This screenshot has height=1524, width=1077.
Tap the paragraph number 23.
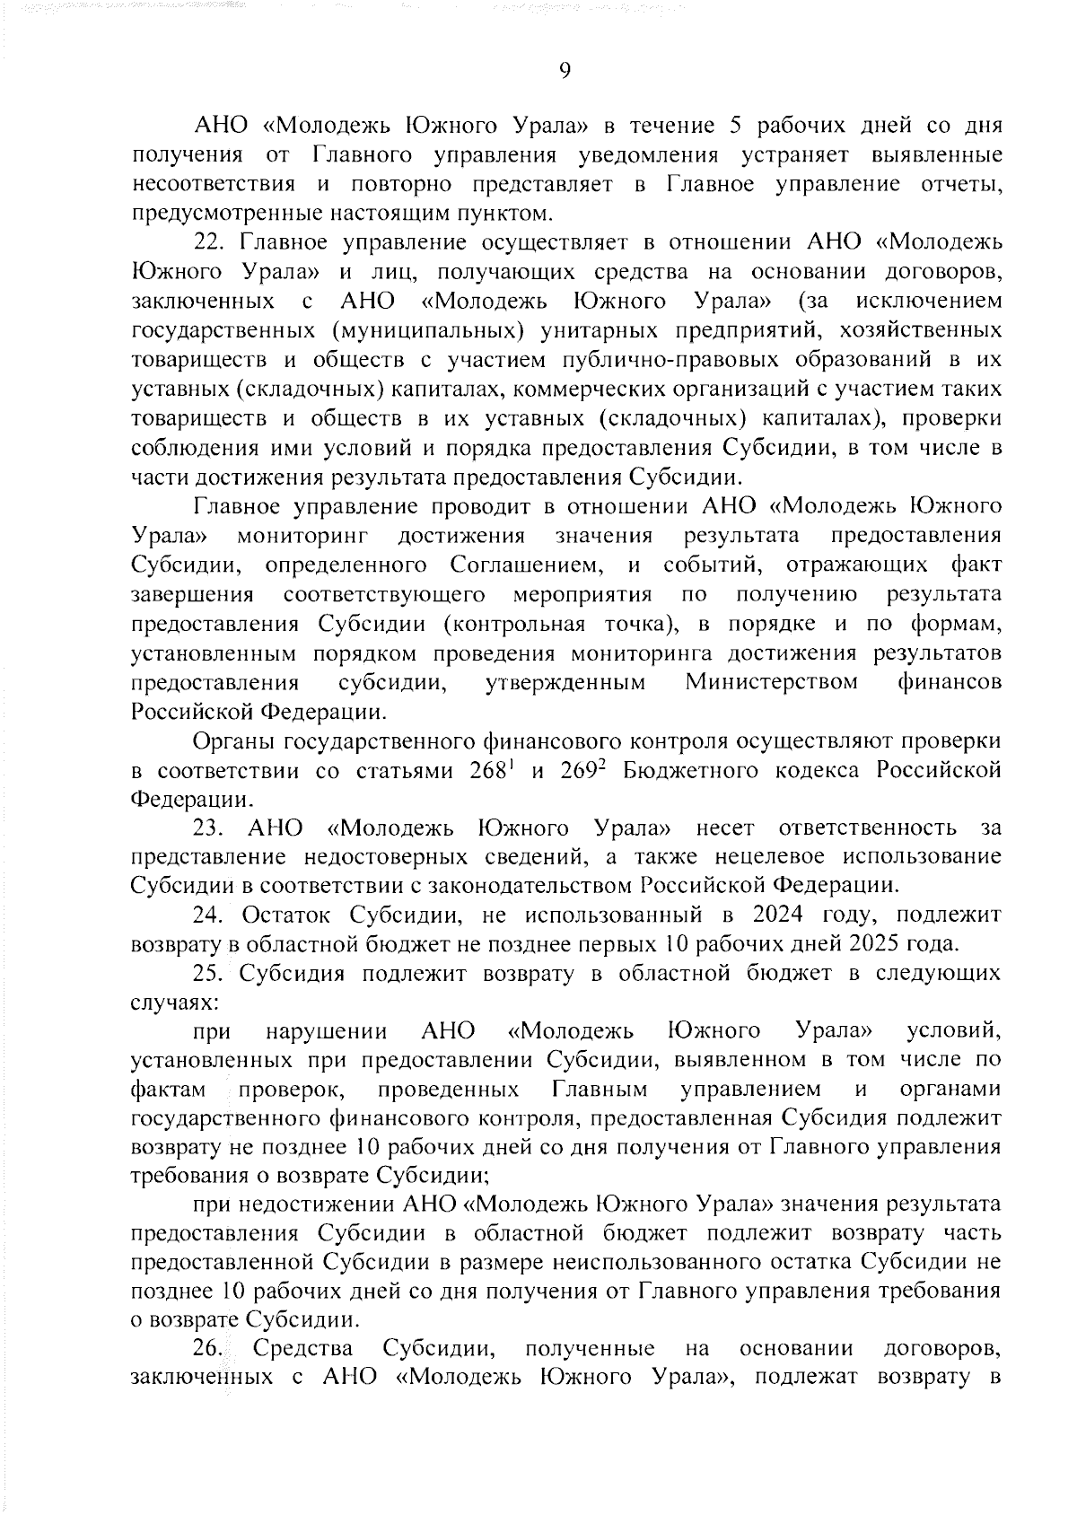tap(209, 827)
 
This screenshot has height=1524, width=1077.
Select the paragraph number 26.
tap(209, 1347)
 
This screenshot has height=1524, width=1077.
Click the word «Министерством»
tap(771, 683)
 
